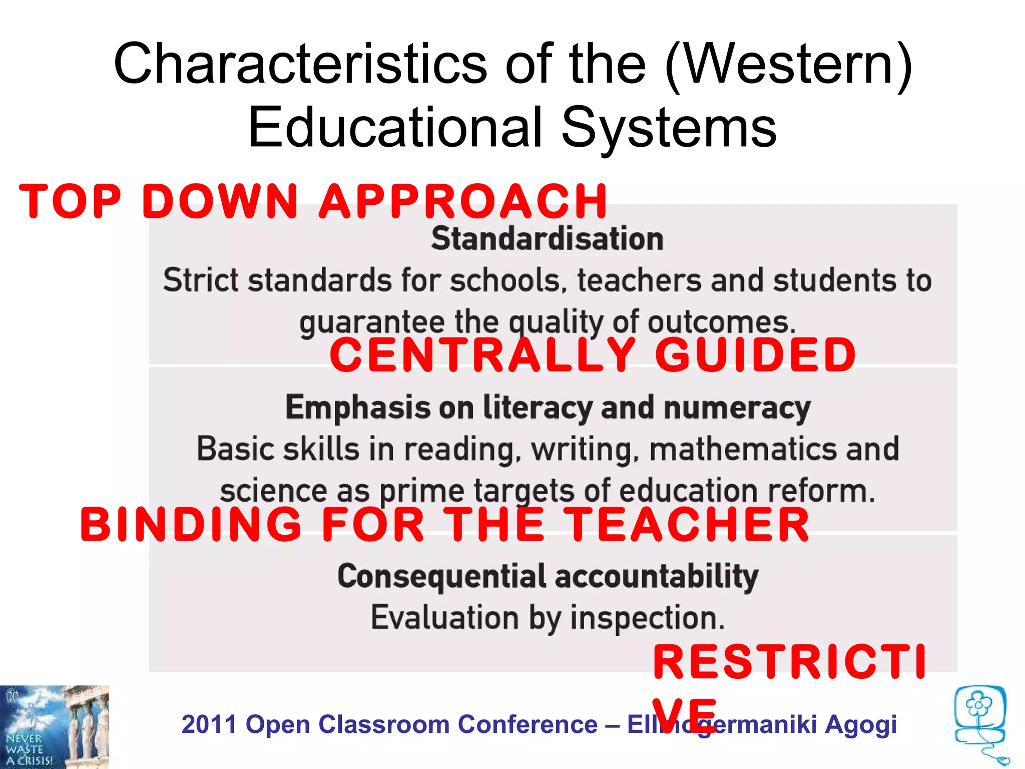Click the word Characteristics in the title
coord(300,64)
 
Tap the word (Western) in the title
coord(789,64)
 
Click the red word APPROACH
coord(463,201)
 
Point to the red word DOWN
coord(220,201)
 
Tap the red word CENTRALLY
coord(482,355)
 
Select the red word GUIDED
coord(756,355)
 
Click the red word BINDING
coord(191,525)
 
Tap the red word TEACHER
coord(688,525)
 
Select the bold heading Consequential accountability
coord(548,576)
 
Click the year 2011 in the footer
coord(209,724)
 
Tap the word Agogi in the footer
coord(861,724)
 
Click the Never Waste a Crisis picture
coord(54,727)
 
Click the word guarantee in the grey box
coord(371,322)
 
